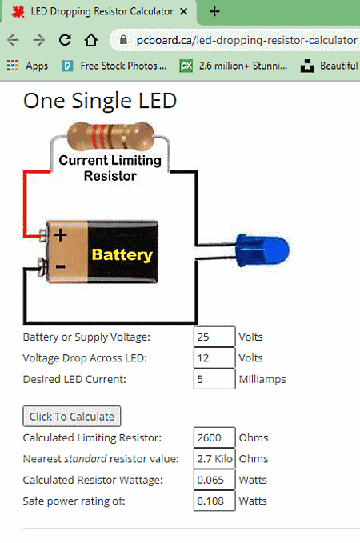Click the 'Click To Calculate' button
pyautogui.click(x=72, y=417)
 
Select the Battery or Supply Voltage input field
pyautogui.click(x=214, y=337)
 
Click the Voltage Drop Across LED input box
pyautogui.click(x=214, y=357)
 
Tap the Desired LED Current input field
pyautogui.click(x=214, y=379)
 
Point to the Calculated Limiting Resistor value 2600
pyautogui.click(x=214, y=437)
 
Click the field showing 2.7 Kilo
pyautogui.click(x=214, y=458)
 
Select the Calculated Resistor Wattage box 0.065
pyautogui.click(x=214, y=480)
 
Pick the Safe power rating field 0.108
pyautogui.click(x=214, y=501)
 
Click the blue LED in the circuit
pyautogui.click(x=262, y=250)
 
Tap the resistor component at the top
pyautogui.click(x=110, y=136)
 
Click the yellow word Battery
pyautogui.click(x=122, y=254)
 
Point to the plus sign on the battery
pyautogui.click(x=60, y=235)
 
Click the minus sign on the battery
pyautogui.click(x=60, y=266)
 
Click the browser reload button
pyautogui.click(x=65, y=40)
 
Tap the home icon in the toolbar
pyautogui.click(x=90, y=40)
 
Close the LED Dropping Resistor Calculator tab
pyautogui.click(x=184, y=11)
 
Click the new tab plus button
pyautogui.click(x=214, y=11)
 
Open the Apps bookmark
pyautogui.click(x=27, y=66)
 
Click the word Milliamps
pyautogui.click(x=262, y=379)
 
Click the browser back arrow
pyautogui.click(x=13, y=40)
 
